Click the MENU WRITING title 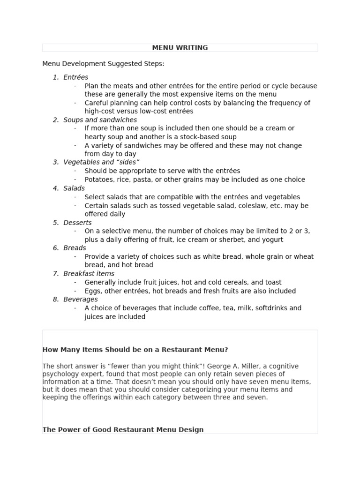point(180,48)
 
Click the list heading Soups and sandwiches point(100,120)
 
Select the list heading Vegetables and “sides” point(101,162)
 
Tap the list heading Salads point(74,188)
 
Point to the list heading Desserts point(77,223)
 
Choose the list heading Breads point(75,248)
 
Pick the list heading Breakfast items point(89,274)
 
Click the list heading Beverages point(81,299)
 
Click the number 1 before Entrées point(55,77)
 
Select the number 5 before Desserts point(55,223)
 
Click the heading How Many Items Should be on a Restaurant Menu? point(135,350)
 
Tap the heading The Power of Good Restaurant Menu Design point(123,429)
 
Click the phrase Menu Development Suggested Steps point(103,64)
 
